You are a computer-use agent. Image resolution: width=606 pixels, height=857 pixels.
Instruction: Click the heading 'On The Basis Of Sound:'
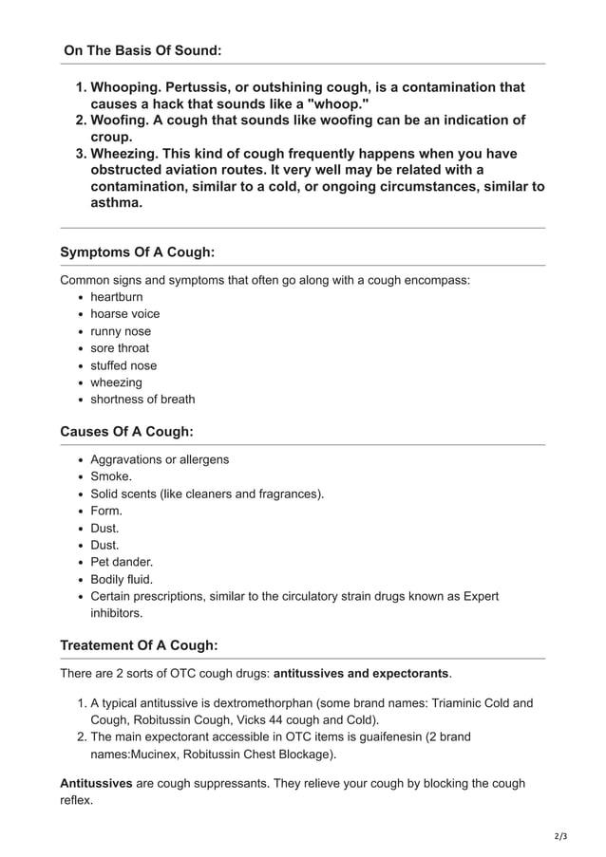coord(142,49)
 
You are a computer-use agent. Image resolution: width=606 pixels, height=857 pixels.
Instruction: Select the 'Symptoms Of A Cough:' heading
coord(137,252)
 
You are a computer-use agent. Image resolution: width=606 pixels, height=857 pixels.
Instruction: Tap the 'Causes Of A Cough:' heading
coord(126,431)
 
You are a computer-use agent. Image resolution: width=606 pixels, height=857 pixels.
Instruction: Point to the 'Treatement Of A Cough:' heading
coord(139,645)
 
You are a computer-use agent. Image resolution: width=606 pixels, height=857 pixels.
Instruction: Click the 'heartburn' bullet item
coord(117,297)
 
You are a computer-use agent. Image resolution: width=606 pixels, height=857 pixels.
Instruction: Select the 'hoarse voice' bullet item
coord(124,314)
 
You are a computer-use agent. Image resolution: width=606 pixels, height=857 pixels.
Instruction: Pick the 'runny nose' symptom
coord(121,331)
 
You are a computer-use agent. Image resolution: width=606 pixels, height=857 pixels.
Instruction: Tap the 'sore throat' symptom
coord(120,348)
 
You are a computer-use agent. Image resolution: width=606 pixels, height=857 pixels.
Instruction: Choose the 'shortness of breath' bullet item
coord(142,400)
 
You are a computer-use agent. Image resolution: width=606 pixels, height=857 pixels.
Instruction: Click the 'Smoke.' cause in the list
coord(111,476)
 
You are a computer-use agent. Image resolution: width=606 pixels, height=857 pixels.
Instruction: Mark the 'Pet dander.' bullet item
coord(122,562)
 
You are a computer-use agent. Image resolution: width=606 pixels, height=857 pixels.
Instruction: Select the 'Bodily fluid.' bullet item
coord(122,579)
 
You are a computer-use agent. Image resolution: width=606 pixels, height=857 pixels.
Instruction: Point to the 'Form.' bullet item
coord(106,511)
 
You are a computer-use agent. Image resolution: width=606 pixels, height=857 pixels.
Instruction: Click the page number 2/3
coord(560,836)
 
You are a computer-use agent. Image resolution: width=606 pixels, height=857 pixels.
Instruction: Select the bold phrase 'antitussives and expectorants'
coord(361,673)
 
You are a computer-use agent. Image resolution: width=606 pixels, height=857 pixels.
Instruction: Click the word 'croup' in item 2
coord(110,137)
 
